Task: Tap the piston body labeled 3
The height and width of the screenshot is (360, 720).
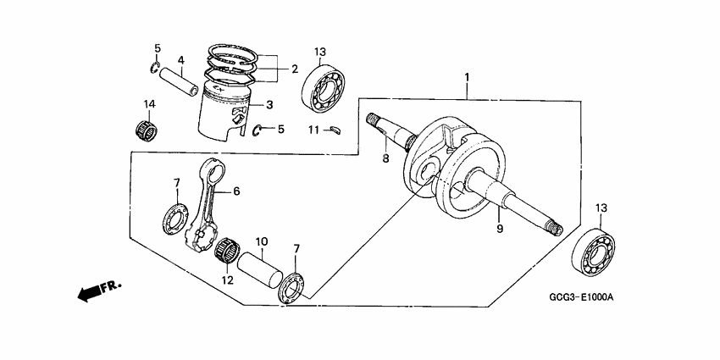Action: pyautogui.click(x=223, y=115)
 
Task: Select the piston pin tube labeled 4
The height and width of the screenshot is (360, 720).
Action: pyautogui.click(x=180, y=80)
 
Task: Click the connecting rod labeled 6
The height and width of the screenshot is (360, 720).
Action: pyautogui.click(x=208, y=203)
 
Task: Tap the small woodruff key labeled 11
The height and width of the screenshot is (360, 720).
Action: pyautogui.click(x=335, y=130)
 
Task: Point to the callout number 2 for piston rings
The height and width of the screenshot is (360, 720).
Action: pyautogui.click(x=294, y=69)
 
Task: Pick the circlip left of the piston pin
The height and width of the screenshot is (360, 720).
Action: pyautogui.click(x=156, y=68)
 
